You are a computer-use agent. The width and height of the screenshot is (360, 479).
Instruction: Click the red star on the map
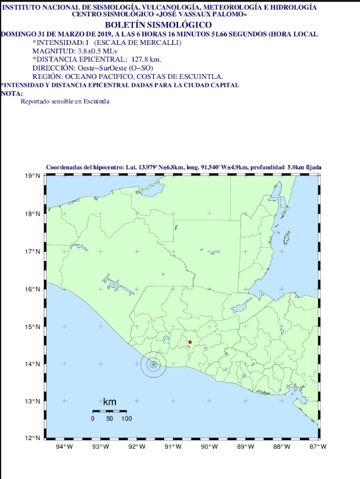point(190,342)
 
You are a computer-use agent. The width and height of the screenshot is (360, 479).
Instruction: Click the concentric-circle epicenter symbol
point(154,365)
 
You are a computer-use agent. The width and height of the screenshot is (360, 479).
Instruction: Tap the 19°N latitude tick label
point(33,176)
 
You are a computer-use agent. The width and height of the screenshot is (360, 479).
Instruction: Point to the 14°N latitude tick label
point(33,364)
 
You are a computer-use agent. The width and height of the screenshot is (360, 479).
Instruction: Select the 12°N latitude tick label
point(33,438)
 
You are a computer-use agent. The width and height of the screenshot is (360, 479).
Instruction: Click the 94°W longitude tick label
point(64,447)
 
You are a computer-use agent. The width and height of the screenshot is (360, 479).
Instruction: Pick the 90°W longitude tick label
point(209,447)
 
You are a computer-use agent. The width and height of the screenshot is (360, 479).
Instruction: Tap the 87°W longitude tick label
point(318,447)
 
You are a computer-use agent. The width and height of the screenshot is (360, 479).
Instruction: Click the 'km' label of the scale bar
point(109,402)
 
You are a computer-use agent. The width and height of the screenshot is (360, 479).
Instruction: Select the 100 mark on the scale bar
point(126,419)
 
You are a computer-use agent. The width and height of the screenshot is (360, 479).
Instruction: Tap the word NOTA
point(12,93)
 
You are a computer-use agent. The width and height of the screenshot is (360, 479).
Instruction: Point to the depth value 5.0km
point(294,166)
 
